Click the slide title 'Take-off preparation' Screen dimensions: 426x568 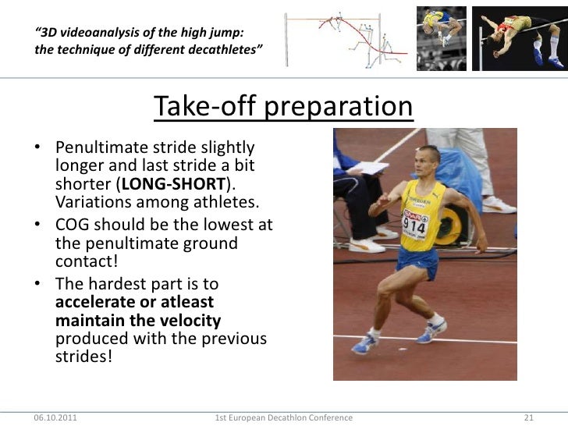tap(283, 109)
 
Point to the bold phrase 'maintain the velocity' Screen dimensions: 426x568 tap(138, 321)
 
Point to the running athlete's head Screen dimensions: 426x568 tap(428, 160)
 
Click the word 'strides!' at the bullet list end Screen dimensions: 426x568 tap(84, 359)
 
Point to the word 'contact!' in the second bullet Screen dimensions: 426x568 tap(87, 263)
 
